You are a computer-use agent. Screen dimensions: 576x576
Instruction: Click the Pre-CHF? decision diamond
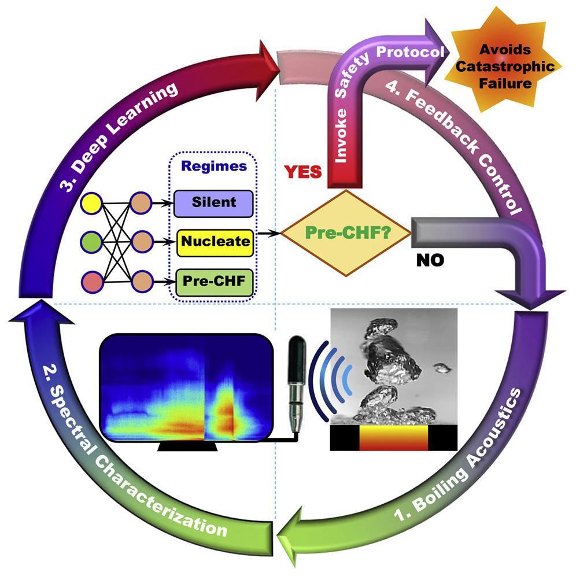(x=346, y=234)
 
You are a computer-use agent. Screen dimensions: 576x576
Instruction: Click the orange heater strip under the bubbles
(x=394, y=438)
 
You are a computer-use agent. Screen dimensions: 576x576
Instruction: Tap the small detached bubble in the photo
(x=442, y=368)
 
